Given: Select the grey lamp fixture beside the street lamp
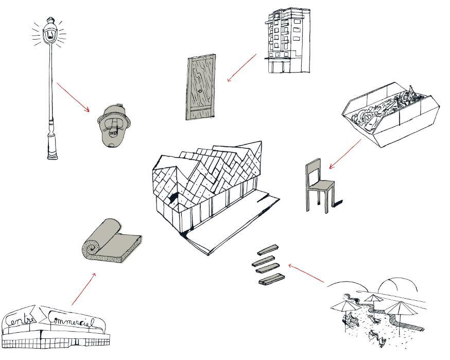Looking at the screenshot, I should (x=114, y=126).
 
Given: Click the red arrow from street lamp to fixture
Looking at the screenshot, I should (x=73, y=97).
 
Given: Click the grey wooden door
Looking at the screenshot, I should (x=201, y=88).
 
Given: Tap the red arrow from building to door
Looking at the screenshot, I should (x=242, y=67).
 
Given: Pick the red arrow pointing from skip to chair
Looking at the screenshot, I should (x=345, y=154).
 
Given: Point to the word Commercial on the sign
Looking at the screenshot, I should (x=72, y=321).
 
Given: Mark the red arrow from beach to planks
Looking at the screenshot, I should (x=306, y=273).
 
